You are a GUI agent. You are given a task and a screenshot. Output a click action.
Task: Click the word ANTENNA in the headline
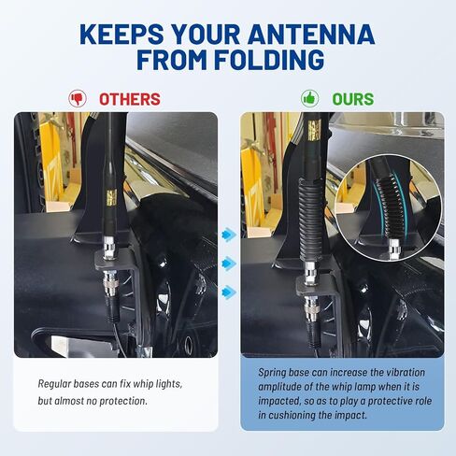(311, 34)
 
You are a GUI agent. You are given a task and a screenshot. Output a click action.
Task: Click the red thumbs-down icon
(78, 99)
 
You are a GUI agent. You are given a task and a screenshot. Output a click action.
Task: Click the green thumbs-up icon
(309, 99)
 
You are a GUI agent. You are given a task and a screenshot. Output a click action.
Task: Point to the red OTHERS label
(130, 99)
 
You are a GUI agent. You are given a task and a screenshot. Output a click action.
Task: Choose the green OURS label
(353, 99)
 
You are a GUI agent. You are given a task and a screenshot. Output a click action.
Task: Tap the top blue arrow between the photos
(229, 235)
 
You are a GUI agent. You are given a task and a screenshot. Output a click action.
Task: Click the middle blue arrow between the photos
(229, 264)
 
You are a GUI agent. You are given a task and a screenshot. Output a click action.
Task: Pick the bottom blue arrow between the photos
(229, 292)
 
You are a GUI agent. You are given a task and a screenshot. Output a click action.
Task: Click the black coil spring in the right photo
(310, 221)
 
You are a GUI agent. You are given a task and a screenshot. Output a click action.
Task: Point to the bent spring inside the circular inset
(387, 206)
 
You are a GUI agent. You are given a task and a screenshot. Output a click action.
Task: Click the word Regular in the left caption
(54, 384)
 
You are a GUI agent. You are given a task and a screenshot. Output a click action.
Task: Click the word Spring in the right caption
(272, 373)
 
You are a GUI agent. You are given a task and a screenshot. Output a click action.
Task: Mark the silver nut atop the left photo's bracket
(109, 248)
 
